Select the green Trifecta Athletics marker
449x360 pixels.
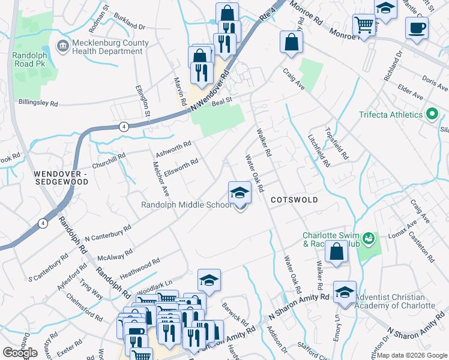(431, 115)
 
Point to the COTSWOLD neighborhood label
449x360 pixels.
(293, 199)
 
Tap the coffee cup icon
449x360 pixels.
(417, 27)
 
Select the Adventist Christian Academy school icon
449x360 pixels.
(345, 292)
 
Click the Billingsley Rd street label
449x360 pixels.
(38, 103)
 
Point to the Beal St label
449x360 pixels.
(221, 103)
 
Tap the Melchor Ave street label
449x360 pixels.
(160, 178)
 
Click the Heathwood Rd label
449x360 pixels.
(139, 266)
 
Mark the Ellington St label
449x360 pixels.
(145, 102)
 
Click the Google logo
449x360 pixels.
(20, 352)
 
